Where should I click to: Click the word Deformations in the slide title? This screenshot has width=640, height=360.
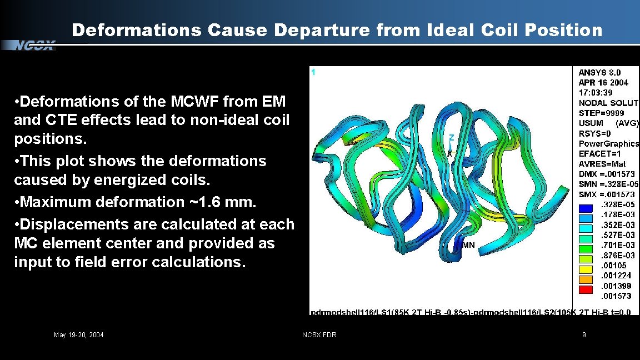[x=136, y=30]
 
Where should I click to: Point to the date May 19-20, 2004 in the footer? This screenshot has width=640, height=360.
[x=78, y=334]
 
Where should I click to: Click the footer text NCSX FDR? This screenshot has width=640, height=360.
[x=319, y=334]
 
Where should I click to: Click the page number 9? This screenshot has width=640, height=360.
[x=584, y=334]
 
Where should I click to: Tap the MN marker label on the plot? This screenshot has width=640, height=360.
[x=468, y=245]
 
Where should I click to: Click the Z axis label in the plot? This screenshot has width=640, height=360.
[x=452, y=137]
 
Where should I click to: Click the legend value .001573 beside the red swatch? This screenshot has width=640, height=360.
[x=616, y=296]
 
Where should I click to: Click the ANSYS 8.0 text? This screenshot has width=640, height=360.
[x=599, y=72]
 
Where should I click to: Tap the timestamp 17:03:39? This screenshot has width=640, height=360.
[x=596, y=93]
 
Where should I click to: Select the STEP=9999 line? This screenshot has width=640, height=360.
[x=601, y=113]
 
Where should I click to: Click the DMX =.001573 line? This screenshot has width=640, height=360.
[x=607, y=174]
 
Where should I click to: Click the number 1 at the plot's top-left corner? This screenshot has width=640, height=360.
[x=313, y=72]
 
